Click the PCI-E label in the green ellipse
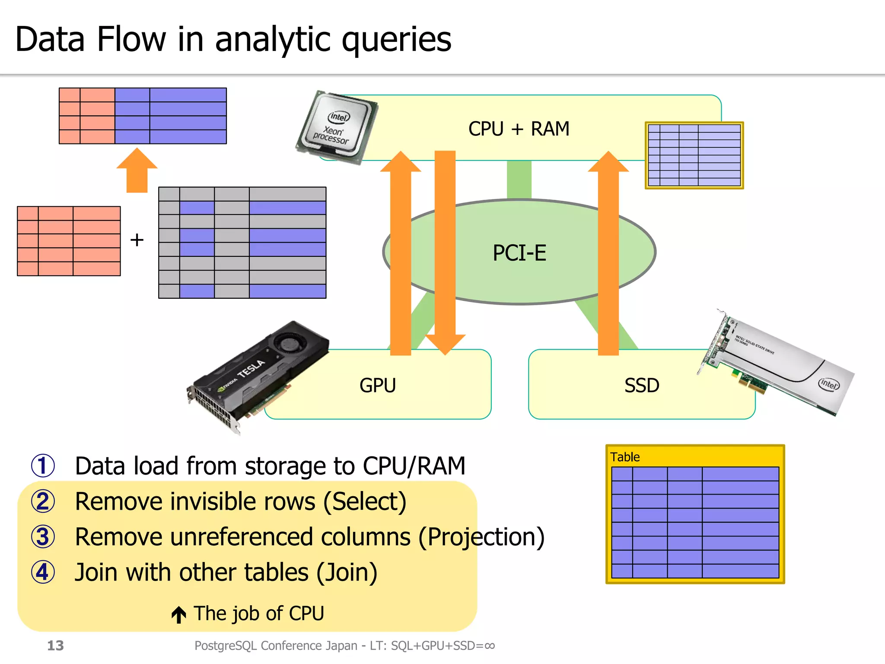coord(519,253)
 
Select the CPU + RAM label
coord(519,129)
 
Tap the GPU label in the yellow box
coord(377,385)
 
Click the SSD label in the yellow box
coord(642,385)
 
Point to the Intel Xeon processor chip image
coord(337,127)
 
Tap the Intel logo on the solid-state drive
coord(829,383)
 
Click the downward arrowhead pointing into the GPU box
coord(445,344)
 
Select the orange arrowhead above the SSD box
coord(608,162)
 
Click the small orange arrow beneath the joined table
coord(137,169)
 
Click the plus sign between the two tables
coord(137,240)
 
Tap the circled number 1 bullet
coord(43,466)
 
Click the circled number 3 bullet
coord(43,537)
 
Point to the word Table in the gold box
coord(625,457)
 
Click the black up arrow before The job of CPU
coord(178,614)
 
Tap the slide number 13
coord(55,645)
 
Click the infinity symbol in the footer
coord(490,646)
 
